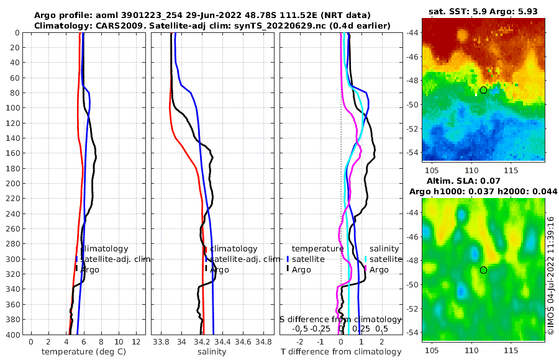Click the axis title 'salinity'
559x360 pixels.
tap(212, 352)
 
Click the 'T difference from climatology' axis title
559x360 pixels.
tap(342, 352)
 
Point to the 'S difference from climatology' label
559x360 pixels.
tap(340, 319)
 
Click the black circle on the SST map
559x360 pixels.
tap(483, 90)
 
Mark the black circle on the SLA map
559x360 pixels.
tap(483, 270)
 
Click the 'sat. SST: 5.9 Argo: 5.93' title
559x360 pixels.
tap(483, 11)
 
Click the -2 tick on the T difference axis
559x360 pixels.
tap(300, 342)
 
